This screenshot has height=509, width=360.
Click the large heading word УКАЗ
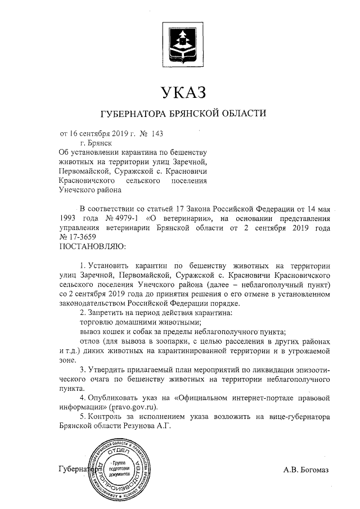click(180, 91)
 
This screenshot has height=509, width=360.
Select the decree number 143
click(160, 134)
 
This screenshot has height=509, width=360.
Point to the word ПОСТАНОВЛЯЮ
click(93, 246)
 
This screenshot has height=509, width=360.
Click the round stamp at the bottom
click(119, 468)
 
